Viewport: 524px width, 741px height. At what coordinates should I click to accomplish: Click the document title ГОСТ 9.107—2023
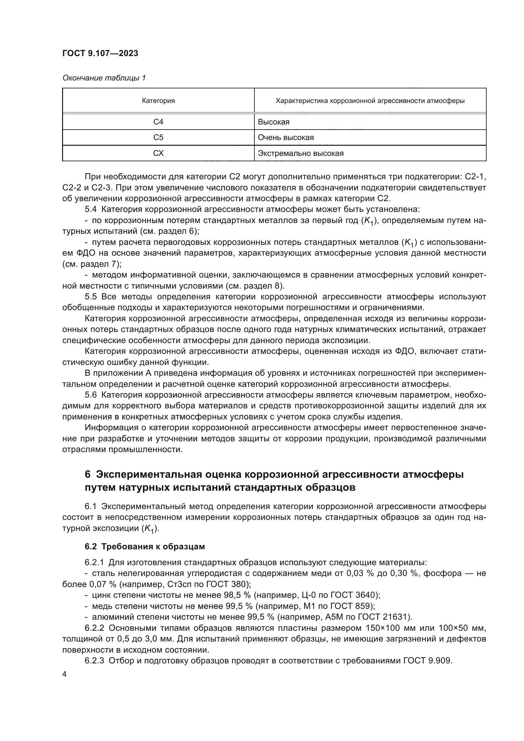(100, 53)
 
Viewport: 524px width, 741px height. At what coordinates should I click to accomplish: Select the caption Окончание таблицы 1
(104, 78)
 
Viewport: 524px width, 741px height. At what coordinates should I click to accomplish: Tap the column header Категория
(158, 101)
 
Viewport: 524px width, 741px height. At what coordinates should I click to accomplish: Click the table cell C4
(158, 122)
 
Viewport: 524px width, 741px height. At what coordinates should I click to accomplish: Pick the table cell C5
(158, 137)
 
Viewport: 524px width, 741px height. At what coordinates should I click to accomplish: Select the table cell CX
(158, 153)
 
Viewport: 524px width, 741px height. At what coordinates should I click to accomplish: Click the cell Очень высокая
(285, 137)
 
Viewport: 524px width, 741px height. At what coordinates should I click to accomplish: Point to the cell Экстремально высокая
(300, 153)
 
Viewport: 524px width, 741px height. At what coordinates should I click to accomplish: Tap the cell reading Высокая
(274, 122)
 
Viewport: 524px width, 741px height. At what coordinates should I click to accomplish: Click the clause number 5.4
(91, 209)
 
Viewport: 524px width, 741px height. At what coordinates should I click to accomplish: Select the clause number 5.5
(91, 297)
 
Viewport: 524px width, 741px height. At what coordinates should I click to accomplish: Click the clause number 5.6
(91, 395)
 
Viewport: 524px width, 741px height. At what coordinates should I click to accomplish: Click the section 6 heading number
(88, 475)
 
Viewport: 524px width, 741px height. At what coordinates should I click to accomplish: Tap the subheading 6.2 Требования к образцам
(144, 546)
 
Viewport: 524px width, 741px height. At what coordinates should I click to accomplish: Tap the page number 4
(64, 674)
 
